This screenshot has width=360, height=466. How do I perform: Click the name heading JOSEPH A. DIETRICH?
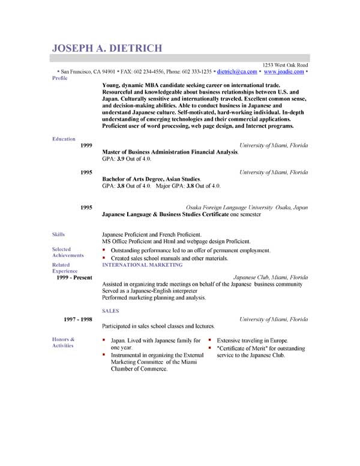click(x=107, y=49)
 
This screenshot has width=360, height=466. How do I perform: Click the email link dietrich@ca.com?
click(x=236, y=71)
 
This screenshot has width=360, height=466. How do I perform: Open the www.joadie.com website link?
click(x=283, y=71)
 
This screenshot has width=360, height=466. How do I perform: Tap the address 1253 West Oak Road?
click(x=286, y=64)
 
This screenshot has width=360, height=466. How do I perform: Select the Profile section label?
click(x=60, y=78)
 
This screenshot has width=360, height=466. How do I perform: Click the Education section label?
click(x=64, y=139)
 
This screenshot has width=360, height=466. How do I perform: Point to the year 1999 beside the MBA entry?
click(x=86, y=146)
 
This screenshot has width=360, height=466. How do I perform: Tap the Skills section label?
click(x=59, y=234)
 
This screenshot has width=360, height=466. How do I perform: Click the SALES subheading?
click(x=110, y=311)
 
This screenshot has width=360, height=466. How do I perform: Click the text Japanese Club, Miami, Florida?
click(x=270, y=278)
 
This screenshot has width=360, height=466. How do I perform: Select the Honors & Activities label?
click(x=64, y=343)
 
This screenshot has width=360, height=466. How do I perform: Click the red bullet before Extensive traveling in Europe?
click(x=210, y=340)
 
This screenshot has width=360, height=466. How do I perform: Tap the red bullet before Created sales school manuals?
click(x=104, y=258)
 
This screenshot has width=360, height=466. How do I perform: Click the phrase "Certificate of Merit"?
click(x=242, y=348)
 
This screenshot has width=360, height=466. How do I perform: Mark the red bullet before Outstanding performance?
click(x=104, y=249)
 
